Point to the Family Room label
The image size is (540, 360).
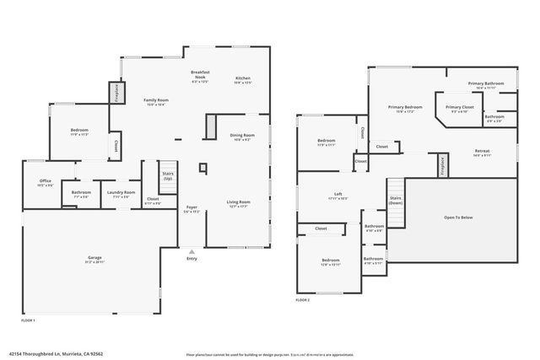(156, 102)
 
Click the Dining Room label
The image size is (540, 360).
(242, 137)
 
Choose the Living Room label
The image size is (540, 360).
(239, 203)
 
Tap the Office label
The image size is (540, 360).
(46, 182)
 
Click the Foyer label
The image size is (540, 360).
(192, 208)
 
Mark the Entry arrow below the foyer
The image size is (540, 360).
(192, 250)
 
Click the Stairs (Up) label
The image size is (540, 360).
(168, 175)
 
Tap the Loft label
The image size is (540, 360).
(337, 195)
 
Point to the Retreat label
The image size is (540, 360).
(482, 153)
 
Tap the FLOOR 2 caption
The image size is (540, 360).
(303, 300)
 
